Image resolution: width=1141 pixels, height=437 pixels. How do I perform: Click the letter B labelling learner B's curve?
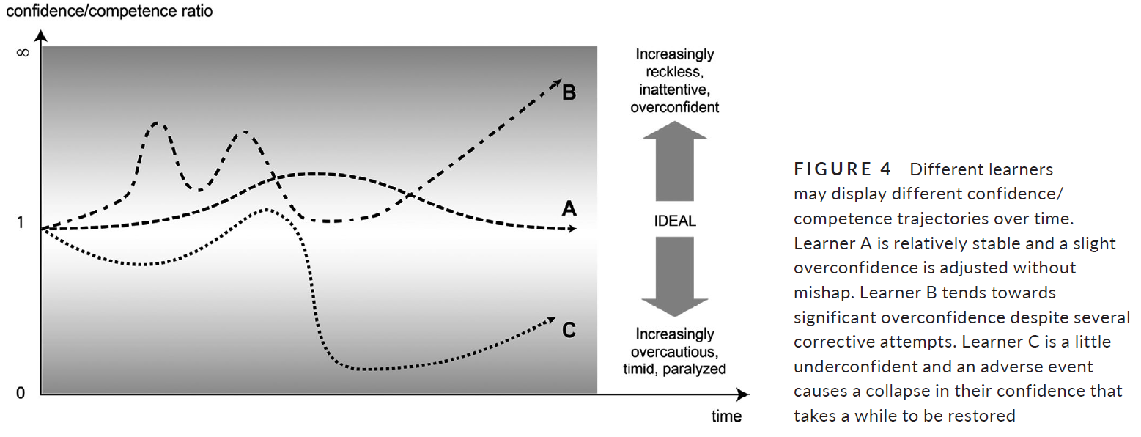coord(569,93)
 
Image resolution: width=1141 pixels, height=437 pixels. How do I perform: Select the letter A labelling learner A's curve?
coord(569,210)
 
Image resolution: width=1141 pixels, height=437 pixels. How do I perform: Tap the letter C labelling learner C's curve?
coord(569,330)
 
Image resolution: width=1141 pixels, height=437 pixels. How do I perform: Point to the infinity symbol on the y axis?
coord(22,53)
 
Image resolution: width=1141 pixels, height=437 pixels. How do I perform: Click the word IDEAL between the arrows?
coord(674,220)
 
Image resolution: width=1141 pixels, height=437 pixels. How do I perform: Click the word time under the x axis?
coord(726,417)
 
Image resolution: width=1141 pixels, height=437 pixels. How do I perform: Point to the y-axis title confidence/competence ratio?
coord(109,12)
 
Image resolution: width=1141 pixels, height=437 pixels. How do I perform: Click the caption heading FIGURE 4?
coord(843,169)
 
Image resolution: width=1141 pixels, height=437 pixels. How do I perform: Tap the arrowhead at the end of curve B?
coord(556,80)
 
